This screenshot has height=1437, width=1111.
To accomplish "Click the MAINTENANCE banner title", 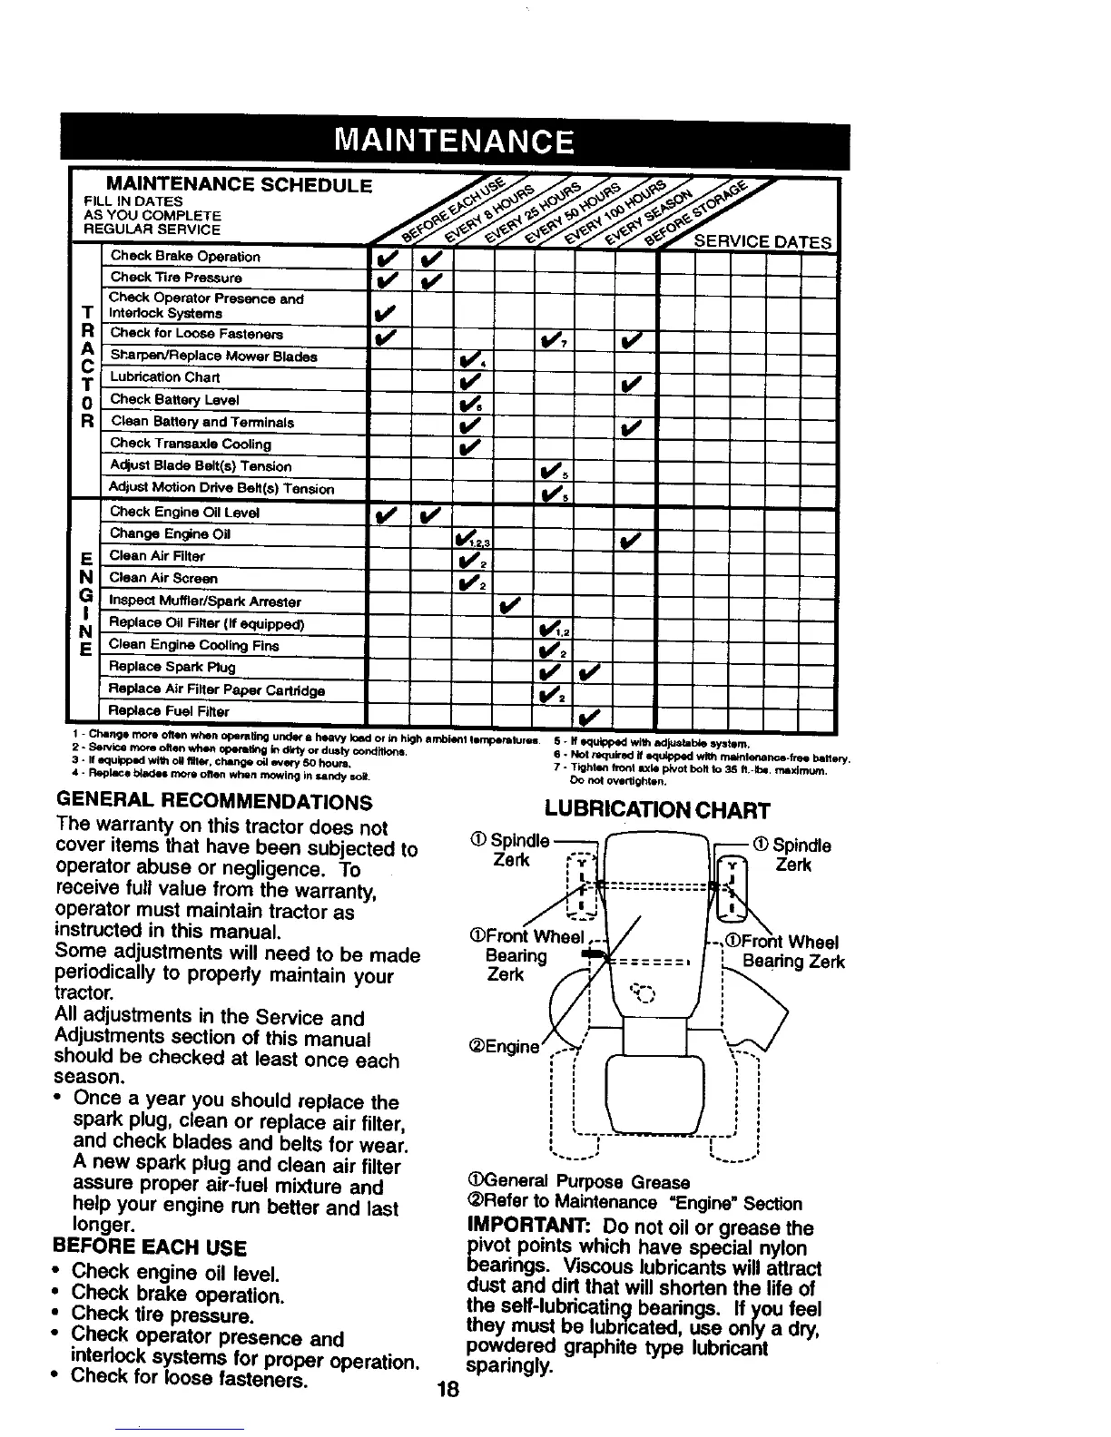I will pyautogui.click(x=454, y=143).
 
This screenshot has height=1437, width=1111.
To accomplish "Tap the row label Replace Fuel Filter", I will pyautogui.click(x=169, y=711).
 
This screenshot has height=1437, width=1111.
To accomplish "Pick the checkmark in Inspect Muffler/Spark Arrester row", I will pyautogui.click(x=510, y=603).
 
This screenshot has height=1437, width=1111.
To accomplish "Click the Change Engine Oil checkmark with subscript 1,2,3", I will pyautogui.click(x=468, y=539).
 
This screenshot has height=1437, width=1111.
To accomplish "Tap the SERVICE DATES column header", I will pyautogui.click(x=762, y=242).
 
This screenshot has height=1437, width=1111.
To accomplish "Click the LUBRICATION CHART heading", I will pyautogui.click(x=657, y=810).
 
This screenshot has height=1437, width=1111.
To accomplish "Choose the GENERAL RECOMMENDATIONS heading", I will pyautogui.click(x=214, y=802).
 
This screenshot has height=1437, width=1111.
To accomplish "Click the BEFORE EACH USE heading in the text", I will pyautogui.click(x=150, y=1247).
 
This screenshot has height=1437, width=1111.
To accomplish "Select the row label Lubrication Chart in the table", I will pyautogui.click(x=164, y=377).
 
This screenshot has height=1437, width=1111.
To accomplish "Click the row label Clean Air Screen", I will pyautogui.click(x=163, y=578).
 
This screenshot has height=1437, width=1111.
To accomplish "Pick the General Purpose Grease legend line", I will pyautogui.click(x=576, y=1182).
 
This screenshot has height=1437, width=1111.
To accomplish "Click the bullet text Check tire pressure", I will pyautogui.click(x=161, y=1315).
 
